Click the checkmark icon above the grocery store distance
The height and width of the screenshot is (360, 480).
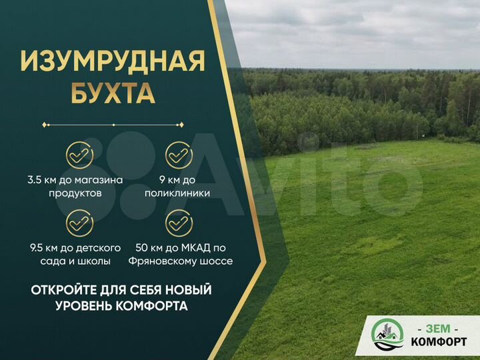[x=79, y=155]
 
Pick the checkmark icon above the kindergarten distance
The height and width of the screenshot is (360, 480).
[x=79, y=223]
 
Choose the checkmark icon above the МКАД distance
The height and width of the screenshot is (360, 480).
[x=179, y=223]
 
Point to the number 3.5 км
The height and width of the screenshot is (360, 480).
[x=42, y=179]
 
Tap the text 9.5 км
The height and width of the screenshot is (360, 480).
[x=42, y=247]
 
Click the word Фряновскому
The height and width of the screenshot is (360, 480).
[x=157, y=261]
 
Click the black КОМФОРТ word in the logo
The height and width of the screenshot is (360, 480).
[x=439, y=342]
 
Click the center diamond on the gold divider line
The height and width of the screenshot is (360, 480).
[x=113, y=125]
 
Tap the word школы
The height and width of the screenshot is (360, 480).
[x=97, y=261]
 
